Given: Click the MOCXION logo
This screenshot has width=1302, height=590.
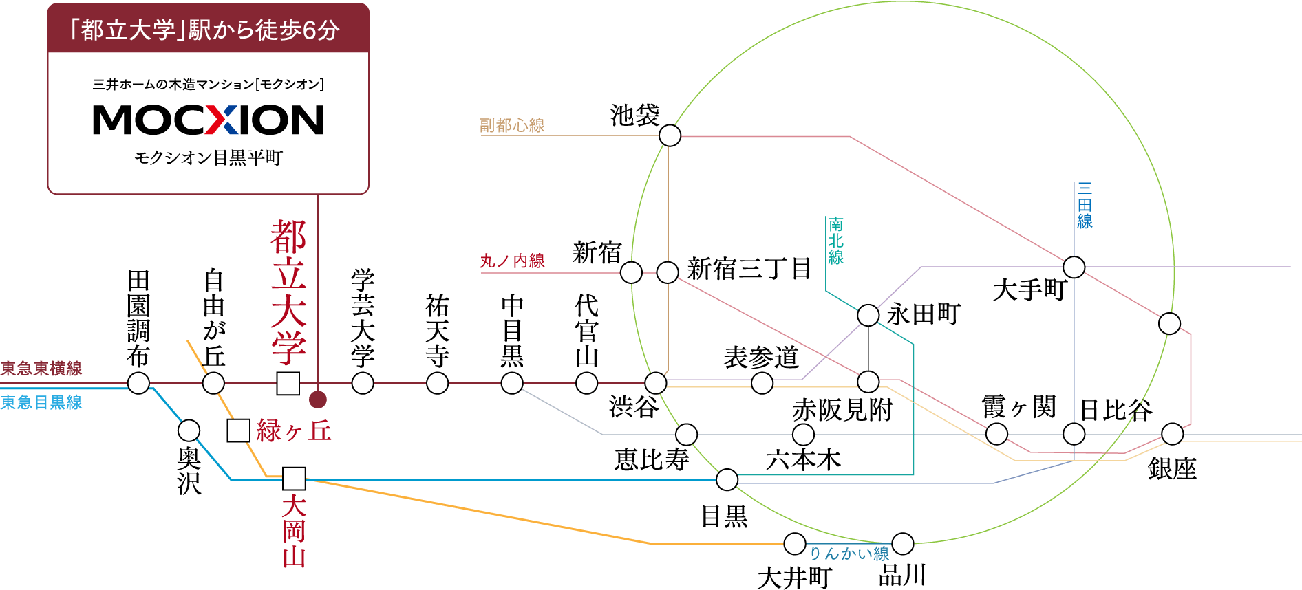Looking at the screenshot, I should click(x=208, y=120).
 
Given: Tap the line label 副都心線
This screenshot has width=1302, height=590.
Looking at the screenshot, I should click(x=512, y=125).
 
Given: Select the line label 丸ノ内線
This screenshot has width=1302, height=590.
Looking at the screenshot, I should click(x=512, y=261).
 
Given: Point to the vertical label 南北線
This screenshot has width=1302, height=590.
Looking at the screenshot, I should click(x=836, y=241).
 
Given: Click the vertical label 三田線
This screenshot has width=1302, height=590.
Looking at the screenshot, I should click(x=1085, y=205).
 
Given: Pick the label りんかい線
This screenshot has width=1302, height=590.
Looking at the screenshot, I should click(x=849, y=554).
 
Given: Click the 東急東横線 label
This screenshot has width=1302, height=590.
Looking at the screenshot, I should click(x=41, y=369).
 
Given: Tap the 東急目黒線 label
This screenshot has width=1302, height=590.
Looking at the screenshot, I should click(x=41, y=402).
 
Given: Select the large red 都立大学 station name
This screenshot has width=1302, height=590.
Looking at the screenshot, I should click(x=288, y=292).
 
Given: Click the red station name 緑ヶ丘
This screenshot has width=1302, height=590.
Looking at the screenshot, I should click(x=294, y=431).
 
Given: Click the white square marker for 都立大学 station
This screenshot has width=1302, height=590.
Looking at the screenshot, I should click(x=288, y=383).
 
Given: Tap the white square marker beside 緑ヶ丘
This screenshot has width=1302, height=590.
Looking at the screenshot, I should click(x=238, y=431).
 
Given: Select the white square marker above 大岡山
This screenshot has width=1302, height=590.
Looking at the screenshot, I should click(x=294, y=479).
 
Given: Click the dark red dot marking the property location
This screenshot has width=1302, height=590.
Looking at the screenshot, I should click(x=317, y=400).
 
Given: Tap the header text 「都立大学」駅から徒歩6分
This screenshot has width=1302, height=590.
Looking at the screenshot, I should click(x=208, y=30).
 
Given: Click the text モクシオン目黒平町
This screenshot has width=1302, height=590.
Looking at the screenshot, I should click(x=208, y=158).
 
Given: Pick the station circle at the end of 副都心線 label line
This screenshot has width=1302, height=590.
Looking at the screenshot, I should click(x=670, y=135).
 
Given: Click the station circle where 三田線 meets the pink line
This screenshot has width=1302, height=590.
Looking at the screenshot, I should click(x=1074, y=267).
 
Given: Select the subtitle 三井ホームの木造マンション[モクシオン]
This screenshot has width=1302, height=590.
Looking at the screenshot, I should click(x=208, y=84).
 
